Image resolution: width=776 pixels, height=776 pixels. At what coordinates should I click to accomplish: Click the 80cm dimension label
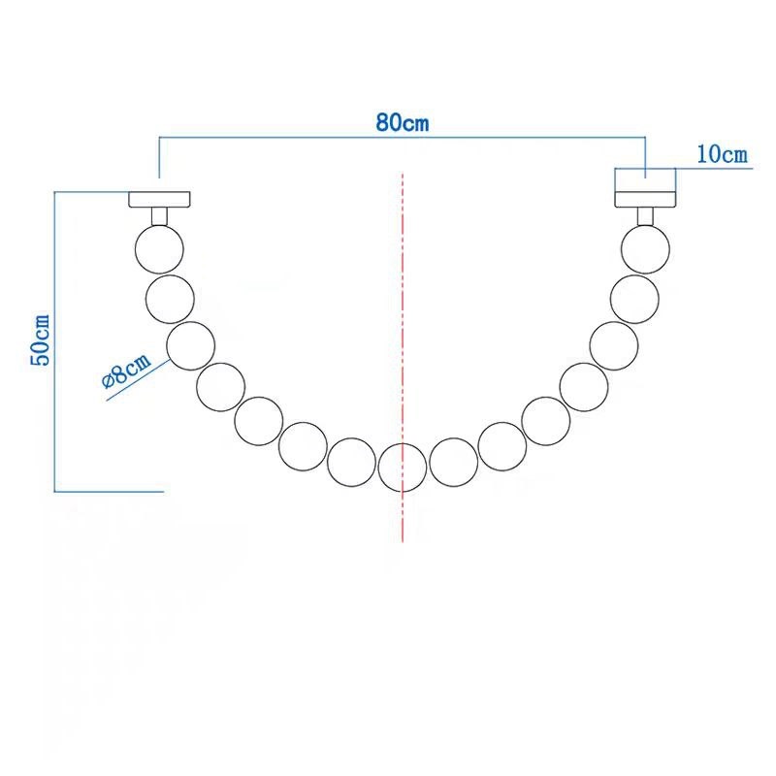(402, 124)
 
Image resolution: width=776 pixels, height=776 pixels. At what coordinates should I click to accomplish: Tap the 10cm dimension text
(723, 154)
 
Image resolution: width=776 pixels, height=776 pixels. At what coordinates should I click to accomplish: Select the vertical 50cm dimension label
(42, 340)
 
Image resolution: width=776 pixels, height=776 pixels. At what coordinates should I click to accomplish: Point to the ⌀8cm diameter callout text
(127, 372)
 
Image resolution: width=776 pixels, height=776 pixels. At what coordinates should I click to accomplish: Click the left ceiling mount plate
(159, 200)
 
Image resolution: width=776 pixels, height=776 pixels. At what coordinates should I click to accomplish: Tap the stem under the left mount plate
(159, 215)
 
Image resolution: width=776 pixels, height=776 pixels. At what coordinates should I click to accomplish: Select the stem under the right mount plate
(645, 215)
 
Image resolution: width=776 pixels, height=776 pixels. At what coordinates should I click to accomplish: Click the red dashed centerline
(402, 291)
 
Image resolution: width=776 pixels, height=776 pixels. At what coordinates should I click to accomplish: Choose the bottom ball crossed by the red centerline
(402, 468)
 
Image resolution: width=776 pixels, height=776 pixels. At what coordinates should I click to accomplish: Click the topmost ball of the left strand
(158, 247)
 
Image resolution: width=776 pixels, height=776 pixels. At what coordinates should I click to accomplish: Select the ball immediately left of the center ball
(351, 462)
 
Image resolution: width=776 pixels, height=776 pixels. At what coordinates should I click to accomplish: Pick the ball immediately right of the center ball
(453, 462)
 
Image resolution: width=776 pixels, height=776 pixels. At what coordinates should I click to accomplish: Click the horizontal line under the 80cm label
(402, 140)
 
